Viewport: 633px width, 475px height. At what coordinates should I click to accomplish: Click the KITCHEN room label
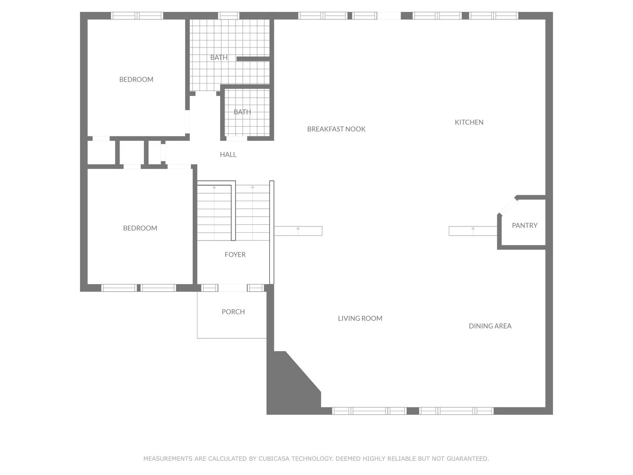pyautogui.click(x=469, y=122)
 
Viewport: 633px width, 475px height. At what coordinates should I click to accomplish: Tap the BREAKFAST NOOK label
pyautogui.click(x=336, y=129)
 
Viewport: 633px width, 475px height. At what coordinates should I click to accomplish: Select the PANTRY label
pyautogui.click(x=524, y=225)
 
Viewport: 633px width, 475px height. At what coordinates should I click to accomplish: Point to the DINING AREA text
pyautogui.click(x=490, y=326)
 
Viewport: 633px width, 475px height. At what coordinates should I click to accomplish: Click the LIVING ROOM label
pyautogui.click(x=360, y=318)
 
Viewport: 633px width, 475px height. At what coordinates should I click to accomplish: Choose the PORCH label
pyautogui.click(x=233, y=312)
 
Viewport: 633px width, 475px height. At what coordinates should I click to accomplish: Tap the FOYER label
pyautogui.click(x=235, y=255)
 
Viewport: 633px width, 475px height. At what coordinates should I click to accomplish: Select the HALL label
pyautogui.click(x=228, y=154)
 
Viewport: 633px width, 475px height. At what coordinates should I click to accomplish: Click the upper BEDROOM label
pyautogui.click(x=136, y=80)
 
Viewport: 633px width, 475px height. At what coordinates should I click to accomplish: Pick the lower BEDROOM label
pyautogui.click(x=140, y=228)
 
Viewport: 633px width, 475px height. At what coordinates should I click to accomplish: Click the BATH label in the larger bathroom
pyautogui.click(x=218, y=58)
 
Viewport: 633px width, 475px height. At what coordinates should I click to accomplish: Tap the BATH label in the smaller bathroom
pyautogui.click(x=242, y=112)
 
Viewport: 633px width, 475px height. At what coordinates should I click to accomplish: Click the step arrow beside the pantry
pyautogui.click(x=473, y=229)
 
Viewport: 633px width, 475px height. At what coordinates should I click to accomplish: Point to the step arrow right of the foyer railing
pyautogui.click(x=298, y=229)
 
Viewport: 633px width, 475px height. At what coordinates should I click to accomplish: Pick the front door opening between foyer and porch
pyautogui.click(x=232, y=288)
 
